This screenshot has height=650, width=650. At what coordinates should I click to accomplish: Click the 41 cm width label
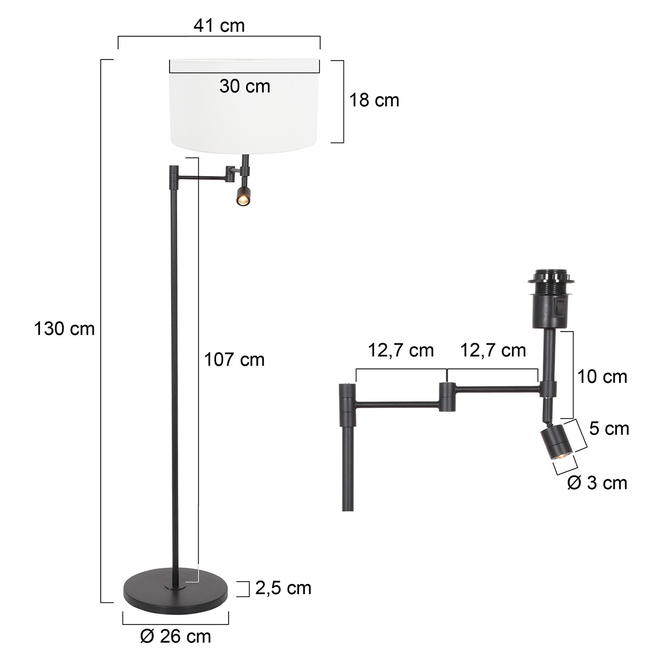pyautogui.click(x=219, y=25)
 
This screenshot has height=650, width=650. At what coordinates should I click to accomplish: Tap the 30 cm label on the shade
pyautogui.click(x=244, y=86)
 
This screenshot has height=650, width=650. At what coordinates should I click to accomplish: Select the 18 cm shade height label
pyautogui.click(x=374, y=100)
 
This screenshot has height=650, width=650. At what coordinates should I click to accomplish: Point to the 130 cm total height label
pyautogui.click(x=64, y=328)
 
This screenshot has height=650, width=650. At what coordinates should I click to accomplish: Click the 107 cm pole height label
pyautogui.click(x=234, y=359)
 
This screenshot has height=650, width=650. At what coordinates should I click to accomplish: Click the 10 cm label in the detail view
pyautogui.click(x=601, y=376)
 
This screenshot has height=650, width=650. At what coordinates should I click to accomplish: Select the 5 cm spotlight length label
pyautogui.click(x=609, y=428)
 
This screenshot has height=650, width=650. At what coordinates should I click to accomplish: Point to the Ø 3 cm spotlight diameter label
pyautogui.click(x=597, y=482)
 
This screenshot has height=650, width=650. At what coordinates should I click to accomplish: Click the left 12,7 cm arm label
pyautogui.click(x=401, y=350)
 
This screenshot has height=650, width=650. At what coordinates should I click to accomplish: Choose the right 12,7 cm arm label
pyautogui.click(x=493, y=350)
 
